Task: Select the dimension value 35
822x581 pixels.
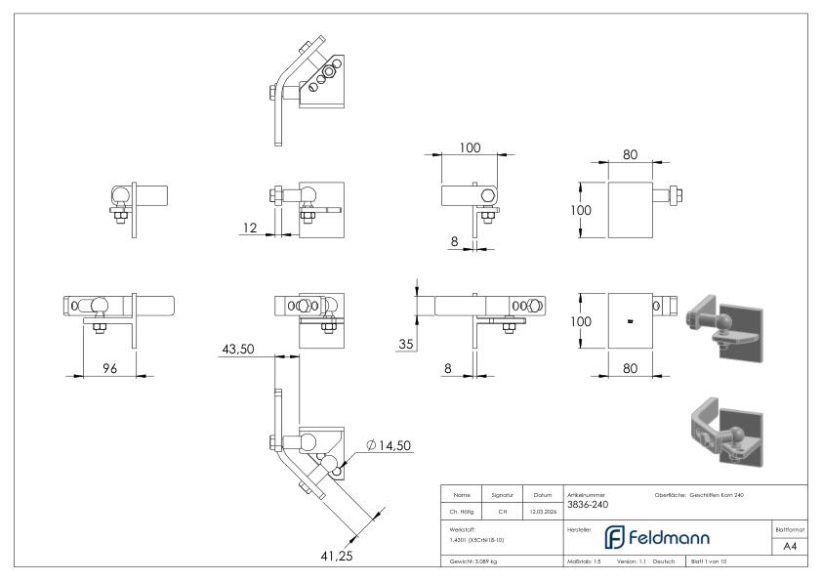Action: point(405,343)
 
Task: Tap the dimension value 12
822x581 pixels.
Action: point(250,228)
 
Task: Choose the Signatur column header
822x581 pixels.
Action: point(505,495)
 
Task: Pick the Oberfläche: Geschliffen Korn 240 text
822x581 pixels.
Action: point(699,494)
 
